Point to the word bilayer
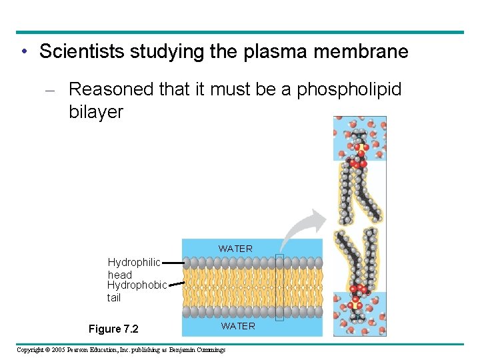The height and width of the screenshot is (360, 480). tap(96, 111)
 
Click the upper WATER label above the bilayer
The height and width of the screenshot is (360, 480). tap(235, 249)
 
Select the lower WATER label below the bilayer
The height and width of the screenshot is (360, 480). tap(238, 326)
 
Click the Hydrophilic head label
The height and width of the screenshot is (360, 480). tap(133, 268)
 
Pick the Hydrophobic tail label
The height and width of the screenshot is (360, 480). tap(137, 291)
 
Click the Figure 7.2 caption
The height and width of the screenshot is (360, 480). tap(114, 329)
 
